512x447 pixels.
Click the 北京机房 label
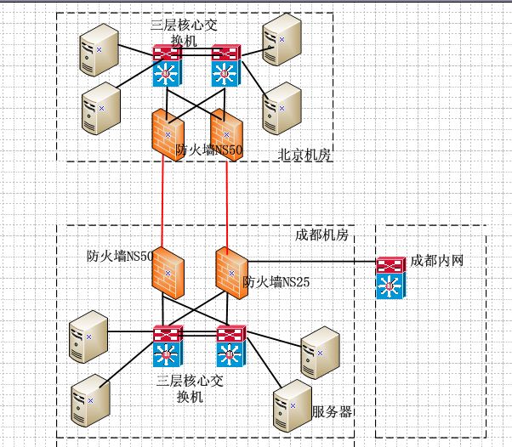(x=304, y=155)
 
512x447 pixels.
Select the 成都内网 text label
(x=436, y=260)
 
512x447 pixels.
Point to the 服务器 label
(x=332, y=412)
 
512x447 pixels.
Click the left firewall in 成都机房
(x=168, y=272)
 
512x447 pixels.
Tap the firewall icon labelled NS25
(x=230, y=273)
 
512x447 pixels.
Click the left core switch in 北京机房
(x=168, y=65)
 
